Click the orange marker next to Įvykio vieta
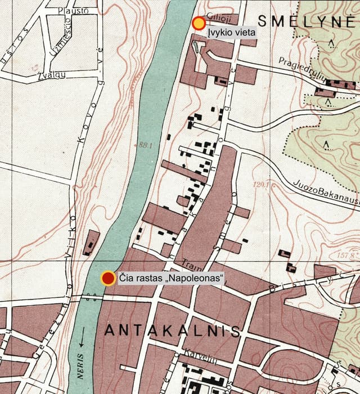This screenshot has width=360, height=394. click(199, 24)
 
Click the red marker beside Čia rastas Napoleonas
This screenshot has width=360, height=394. click(107, 278)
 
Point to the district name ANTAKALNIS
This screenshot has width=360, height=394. click(172, 331)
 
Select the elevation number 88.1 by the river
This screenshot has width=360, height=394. click(146, 145)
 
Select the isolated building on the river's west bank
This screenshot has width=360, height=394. click(91, 243)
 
